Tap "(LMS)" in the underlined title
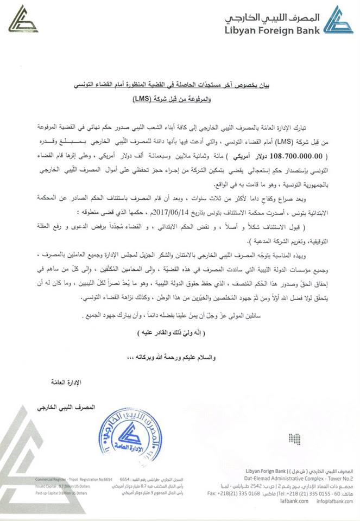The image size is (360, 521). [160, 100]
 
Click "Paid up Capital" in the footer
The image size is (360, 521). [48, 493]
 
